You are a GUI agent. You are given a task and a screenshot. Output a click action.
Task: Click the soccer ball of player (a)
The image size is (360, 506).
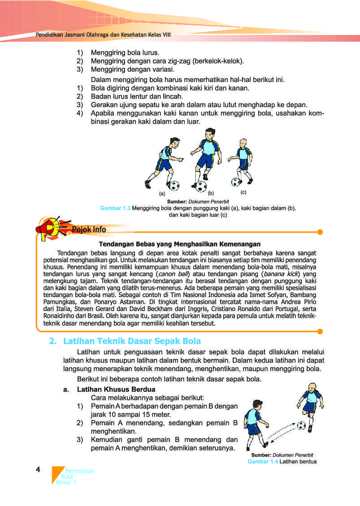pyautogui.click(x=174, y=185)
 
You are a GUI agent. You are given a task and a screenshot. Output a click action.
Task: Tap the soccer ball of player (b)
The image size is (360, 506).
pyautogui.click(x=201, y=186)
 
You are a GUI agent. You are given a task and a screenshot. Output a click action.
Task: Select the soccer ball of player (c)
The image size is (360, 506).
pyautogui.click(x=236, y=182)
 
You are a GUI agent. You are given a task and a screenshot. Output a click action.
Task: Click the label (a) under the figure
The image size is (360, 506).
pyautogui.click(x=162, y=194)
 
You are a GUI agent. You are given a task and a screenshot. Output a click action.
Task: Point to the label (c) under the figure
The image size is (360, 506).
pyautogui.click(x=243, y=192)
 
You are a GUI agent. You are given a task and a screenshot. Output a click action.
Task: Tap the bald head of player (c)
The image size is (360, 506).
pyautogui.click(x=243, y=143)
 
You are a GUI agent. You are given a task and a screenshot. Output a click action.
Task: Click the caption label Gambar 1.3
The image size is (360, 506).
pyautogui.click(x=115, y=208)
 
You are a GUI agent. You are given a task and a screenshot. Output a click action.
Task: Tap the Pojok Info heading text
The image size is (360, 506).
pyautogui.click(x=89, y=230)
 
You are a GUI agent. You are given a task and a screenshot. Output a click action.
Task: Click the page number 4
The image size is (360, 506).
pyautogui.click(x=38, y=469)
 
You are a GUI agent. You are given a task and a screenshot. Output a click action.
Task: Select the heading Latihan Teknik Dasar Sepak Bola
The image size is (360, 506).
pyautogui.click(x=132, y=341)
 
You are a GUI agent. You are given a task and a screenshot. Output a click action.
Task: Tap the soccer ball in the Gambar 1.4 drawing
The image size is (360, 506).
pyautogui.click(x=301, y=425)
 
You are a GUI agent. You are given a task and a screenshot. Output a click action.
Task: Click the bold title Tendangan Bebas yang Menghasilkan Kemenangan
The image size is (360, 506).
pyautogui.click(x=179, y=244)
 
